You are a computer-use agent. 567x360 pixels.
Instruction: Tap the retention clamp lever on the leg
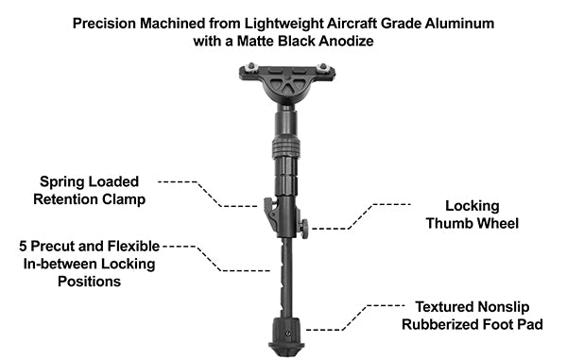point(270,214)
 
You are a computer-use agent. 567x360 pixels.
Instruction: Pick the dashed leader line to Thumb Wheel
point(364,214)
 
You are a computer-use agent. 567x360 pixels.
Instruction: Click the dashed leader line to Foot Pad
point(350,318)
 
